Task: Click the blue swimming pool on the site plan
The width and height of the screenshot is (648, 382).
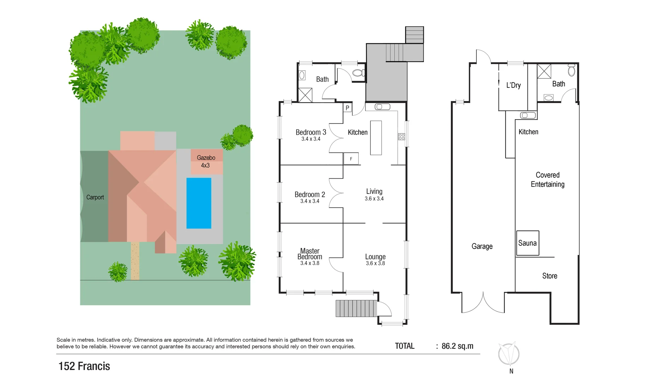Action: tap(199, 203)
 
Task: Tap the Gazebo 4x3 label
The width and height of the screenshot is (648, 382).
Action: tap(206, 161)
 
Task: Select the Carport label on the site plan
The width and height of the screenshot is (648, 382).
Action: tap(95, 197)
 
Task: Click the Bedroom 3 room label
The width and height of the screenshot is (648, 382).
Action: tap(311, 132)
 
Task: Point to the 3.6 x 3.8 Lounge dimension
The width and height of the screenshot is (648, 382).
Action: tap(375, 264)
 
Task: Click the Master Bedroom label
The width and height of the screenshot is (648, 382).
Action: tap(310, 254)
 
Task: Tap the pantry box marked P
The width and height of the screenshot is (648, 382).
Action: tap(347, 108)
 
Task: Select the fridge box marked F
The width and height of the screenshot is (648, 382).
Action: tap(351, 159)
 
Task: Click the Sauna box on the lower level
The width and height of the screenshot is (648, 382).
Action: tap(527, 243)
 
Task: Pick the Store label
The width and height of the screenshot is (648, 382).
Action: tap(550, 276)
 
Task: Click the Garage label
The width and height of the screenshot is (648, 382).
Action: tap(482, 246)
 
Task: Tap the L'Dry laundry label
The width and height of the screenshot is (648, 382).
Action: tap(513, 85)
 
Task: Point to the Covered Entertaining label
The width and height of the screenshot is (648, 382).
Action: tap(548, 180)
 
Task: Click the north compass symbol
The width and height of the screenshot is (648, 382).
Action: tap(509, 354)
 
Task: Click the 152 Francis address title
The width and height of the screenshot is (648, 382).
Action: tap(84, 366)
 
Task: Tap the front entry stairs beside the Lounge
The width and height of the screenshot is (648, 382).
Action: tap(356, 308)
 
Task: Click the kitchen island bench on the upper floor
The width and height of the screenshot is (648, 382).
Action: tap(376, 138)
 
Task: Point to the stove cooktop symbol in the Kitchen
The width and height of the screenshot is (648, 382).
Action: tap(401, 137)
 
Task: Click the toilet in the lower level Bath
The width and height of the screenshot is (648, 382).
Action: tap(571, 70)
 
